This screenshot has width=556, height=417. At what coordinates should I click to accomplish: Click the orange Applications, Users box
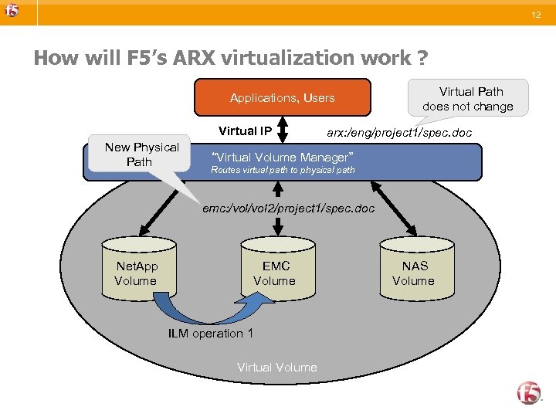(x=282, y=98)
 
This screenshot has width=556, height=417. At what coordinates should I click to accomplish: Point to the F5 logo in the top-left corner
(x=12, y=11)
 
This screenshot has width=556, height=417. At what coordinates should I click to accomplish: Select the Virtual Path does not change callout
(x=468, y=100)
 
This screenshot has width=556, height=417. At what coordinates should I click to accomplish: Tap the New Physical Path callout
(x=141, y=154)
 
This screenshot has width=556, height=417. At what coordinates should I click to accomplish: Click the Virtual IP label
(x=245, y=131)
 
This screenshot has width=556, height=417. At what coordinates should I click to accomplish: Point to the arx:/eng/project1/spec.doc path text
(x=398, y=133)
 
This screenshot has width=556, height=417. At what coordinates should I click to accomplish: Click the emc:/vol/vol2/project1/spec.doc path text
(x=288, y=208)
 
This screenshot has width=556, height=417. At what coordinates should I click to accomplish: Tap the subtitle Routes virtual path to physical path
(x=283, y=170)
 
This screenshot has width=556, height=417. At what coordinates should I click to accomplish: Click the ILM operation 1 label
(x=210, y=334)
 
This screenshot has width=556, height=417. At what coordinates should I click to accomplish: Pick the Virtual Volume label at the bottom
(x=276, y=368)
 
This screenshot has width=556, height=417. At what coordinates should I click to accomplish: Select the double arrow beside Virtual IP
(x=283, y=131)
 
